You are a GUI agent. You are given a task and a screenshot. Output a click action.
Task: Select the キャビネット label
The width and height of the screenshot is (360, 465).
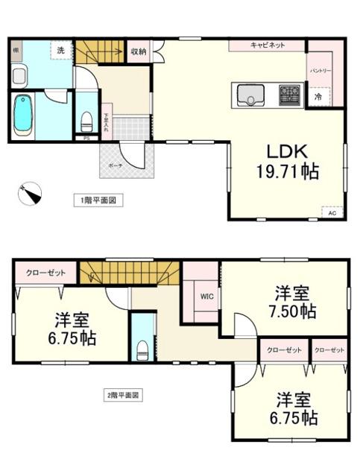coord(268,45)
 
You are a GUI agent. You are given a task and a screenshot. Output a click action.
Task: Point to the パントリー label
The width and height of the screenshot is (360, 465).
coord(321,72)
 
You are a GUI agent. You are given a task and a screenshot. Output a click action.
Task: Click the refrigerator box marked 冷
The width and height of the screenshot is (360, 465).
coord(318,96)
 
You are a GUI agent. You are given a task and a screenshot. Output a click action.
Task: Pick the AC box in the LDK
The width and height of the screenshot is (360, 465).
coord(332,212)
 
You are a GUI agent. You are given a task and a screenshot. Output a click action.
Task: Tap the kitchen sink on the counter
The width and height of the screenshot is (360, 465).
coord(250,95)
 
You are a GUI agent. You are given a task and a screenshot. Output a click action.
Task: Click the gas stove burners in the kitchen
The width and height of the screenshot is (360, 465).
coord(288,95)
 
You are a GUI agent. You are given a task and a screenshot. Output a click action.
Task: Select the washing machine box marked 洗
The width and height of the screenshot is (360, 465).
coord(61,51)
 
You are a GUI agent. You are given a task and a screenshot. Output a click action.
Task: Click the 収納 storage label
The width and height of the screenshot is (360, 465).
coord(139,51)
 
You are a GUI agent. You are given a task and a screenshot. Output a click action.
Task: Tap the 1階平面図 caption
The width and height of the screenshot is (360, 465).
coord(97,200)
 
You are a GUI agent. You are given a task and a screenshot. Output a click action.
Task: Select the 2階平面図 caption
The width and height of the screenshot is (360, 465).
coord(122,395)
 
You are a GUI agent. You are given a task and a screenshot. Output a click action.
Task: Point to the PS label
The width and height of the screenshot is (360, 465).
coord(86,137)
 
